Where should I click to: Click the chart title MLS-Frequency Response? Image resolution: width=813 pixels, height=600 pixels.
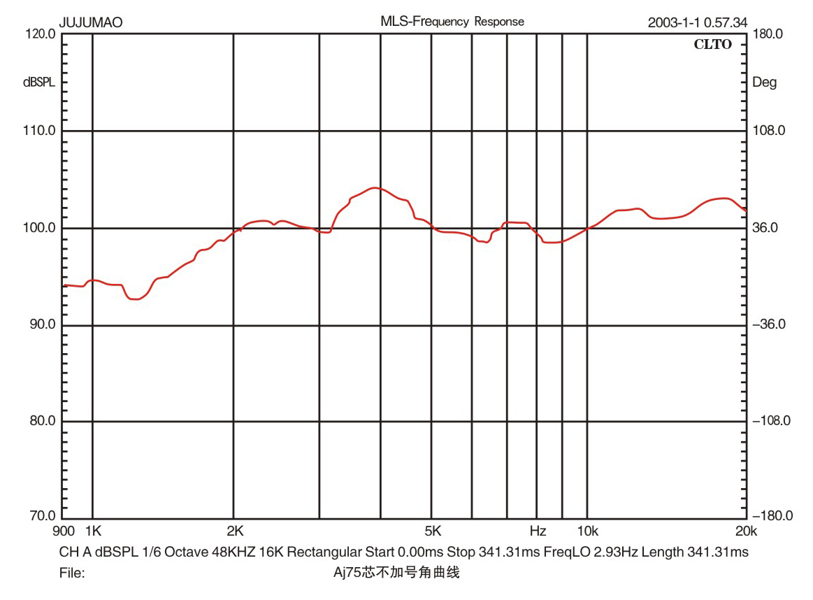click(x=452, y=22)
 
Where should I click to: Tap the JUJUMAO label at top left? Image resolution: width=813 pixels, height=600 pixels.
click(x=91, y=22)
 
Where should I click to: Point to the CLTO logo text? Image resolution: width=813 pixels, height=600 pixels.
click(x=712, y=45)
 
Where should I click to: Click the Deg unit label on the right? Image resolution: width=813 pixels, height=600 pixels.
click(x=764, y=83)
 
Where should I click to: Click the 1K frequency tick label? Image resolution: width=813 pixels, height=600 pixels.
click(x=92, y=531)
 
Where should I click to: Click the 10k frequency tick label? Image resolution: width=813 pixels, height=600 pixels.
click(x=587, y=531)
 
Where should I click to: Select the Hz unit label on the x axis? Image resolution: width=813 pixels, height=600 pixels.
click(x=537, y=531)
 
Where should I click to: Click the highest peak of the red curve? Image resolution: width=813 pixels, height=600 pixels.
click(x=375, y=187)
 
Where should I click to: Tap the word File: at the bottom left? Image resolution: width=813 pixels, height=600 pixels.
click(x=73, y=573)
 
